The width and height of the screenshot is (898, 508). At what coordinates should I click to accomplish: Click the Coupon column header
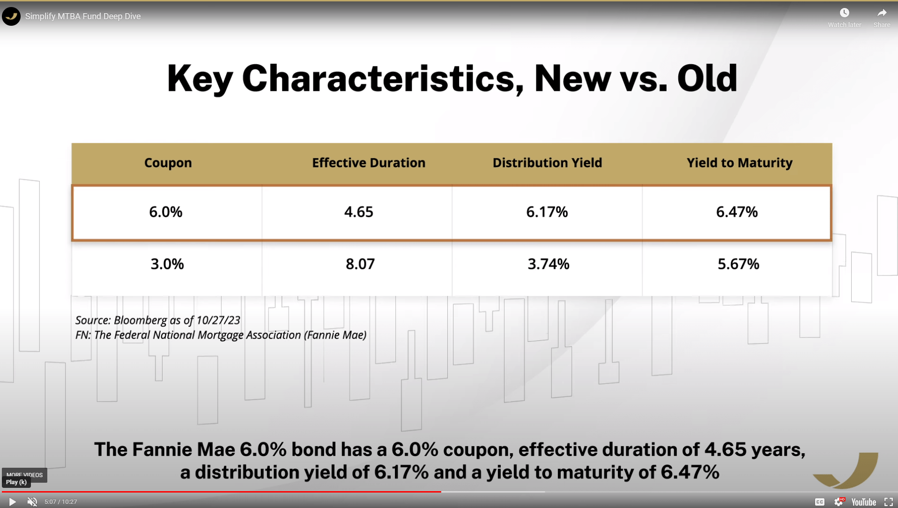point(168,163)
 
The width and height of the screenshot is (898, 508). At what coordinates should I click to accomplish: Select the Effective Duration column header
point(369,163)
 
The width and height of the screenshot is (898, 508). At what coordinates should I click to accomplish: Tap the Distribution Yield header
point(547,163)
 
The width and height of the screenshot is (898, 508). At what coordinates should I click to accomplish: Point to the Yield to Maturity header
point(739,163)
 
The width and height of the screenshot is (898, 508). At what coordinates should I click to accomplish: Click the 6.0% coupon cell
point(166,212)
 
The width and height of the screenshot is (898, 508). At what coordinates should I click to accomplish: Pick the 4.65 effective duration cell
point(359,212)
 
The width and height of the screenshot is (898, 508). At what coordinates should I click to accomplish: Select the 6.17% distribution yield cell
point(547,212)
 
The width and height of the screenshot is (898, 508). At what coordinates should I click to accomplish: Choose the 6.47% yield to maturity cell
point(737,212)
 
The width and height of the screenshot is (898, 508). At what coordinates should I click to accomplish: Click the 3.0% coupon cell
point(167,264)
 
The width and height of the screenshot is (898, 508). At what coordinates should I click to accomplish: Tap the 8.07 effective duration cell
point(360,264)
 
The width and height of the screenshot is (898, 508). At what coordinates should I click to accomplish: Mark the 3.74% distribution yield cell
point(549,264)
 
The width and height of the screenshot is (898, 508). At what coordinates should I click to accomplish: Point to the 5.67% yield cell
point(738,264)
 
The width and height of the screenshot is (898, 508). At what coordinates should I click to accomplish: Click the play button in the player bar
point(12,502)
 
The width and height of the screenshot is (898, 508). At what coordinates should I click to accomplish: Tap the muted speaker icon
point(32,502)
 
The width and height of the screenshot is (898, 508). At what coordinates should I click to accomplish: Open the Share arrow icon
point(882,13)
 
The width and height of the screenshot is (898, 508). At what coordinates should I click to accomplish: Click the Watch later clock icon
point(844,13)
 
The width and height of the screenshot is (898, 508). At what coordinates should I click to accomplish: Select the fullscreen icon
point(888,502)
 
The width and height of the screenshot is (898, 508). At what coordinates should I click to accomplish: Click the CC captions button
point(820,502)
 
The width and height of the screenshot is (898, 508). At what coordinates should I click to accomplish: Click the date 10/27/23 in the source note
point(218,320)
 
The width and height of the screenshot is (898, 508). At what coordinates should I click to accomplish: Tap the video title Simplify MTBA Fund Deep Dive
point(83,16)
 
